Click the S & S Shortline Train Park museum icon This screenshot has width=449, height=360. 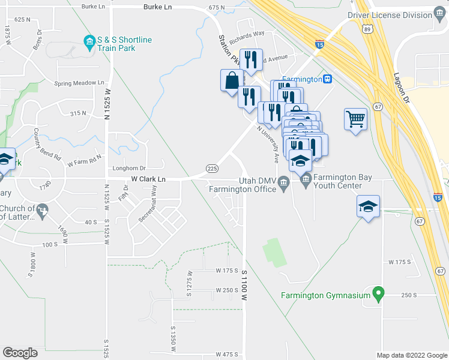click(x=90, y=40)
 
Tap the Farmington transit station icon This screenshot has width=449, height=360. click(x=328, y=79)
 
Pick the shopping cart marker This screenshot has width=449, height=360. click(x=356, y=119)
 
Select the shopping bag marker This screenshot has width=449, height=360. click(x=232, y=80)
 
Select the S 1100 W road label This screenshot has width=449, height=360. click(x=244, y=285)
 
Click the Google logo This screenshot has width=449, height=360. click(x=20, y=352)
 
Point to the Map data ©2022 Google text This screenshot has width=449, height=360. click(x=411, y=355)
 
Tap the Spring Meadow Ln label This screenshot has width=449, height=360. click(x=79, y=83)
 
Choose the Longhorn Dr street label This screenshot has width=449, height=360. click(x=130, y=169)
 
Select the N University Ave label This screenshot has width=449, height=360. click(x=268, y=145)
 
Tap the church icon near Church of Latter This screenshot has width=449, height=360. click(x=41, y=210)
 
